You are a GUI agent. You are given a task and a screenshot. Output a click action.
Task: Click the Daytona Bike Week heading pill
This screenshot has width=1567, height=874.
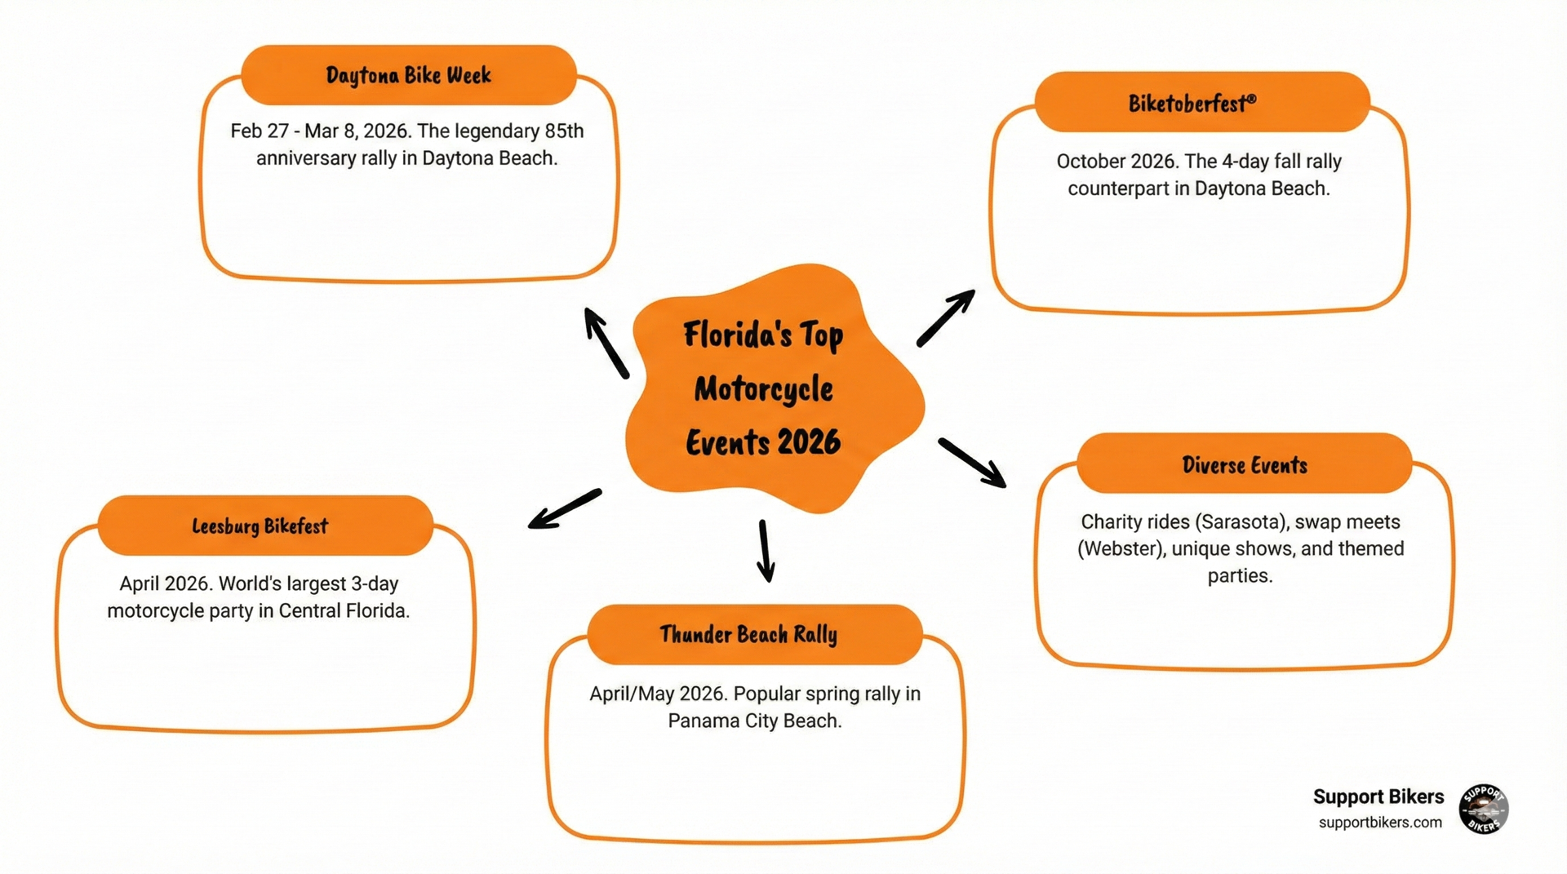(409, 75)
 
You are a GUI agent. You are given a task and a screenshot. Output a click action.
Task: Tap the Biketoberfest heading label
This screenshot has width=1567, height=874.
(1192, 103)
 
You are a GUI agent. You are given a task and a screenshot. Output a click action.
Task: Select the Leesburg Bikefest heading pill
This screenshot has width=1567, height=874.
(260, 526)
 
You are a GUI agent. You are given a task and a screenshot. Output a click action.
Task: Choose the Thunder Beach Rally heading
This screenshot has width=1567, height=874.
(748, 634)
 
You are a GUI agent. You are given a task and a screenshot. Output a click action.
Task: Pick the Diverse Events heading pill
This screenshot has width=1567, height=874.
(1245, 465)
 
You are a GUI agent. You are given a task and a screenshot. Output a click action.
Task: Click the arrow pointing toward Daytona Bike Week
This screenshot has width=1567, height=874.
(606, 342)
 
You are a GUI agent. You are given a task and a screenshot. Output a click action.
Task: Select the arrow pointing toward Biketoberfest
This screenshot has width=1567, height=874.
(946, 317)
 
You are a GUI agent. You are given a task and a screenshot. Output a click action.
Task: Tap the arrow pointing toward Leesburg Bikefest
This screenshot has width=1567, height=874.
(565, 508)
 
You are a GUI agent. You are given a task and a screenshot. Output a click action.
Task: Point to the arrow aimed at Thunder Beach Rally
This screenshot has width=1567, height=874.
(765, 551)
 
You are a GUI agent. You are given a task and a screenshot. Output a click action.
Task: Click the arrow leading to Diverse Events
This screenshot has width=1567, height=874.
(972, 463)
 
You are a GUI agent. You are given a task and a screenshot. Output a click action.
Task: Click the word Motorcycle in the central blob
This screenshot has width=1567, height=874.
(763, 389)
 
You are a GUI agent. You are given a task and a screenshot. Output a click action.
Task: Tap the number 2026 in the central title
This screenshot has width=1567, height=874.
(808, 442)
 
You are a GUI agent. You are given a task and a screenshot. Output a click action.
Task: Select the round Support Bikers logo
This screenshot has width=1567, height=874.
(1483, 809)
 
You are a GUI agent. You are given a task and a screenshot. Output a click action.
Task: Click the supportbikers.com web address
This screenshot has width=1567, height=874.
(1380, 823)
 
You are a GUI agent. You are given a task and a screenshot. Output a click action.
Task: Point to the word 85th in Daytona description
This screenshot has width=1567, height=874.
(564, 131)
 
